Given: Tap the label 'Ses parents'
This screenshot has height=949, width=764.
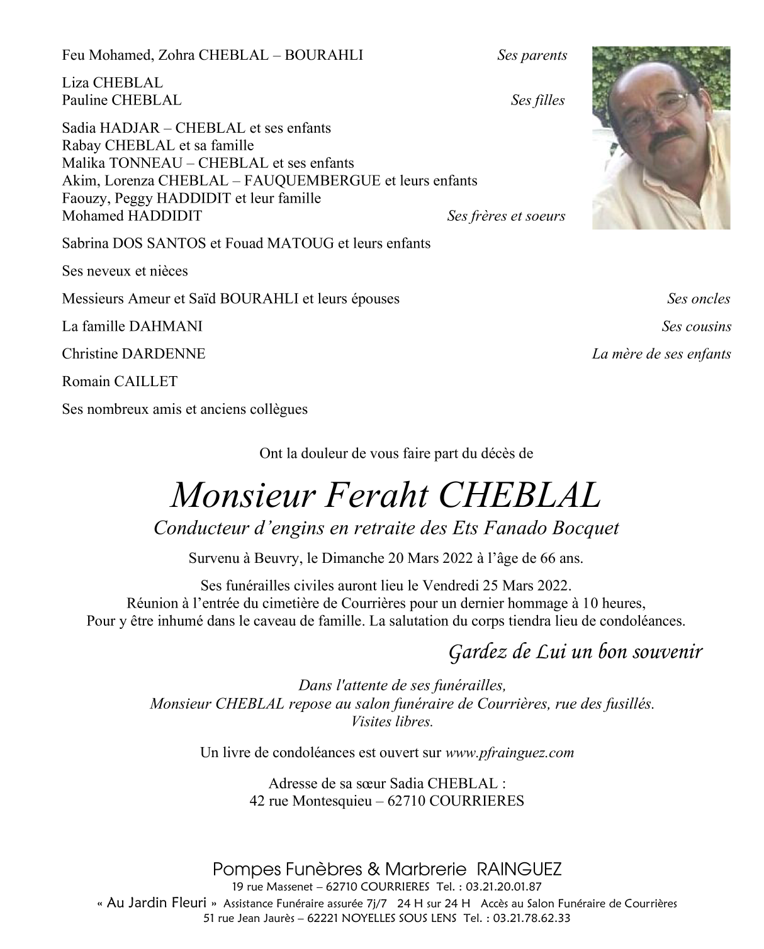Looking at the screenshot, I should [x=532, y=55].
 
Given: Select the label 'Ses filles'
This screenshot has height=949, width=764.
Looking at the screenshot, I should [x=537, y=100].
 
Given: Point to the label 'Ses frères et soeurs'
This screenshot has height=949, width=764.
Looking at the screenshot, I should [x=506, y=216].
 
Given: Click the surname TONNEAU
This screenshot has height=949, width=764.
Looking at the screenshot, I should [x=138, y=163].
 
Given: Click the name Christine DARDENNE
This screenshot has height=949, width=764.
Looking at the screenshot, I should [x=133, y=354].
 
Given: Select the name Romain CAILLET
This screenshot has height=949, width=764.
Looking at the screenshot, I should [x=120, y=382].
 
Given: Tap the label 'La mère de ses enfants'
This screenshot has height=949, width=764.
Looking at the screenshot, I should [x=661, y=354].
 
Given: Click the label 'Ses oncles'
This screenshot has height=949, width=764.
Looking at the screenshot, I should [x=699, y=299].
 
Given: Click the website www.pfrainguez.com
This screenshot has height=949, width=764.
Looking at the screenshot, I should [x=510, y=752].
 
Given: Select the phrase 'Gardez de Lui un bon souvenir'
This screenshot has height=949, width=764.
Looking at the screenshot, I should [x=575, y=652].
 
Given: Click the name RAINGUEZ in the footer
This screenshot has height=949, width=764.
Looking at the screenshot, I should [x=519, y=870].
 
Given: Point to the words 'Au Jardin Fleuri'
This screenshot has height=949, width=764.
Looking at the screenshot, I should [x=157, y=903].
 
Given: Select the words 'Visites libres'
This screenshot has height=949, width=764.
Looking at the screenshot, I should [x=393, y=721].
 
